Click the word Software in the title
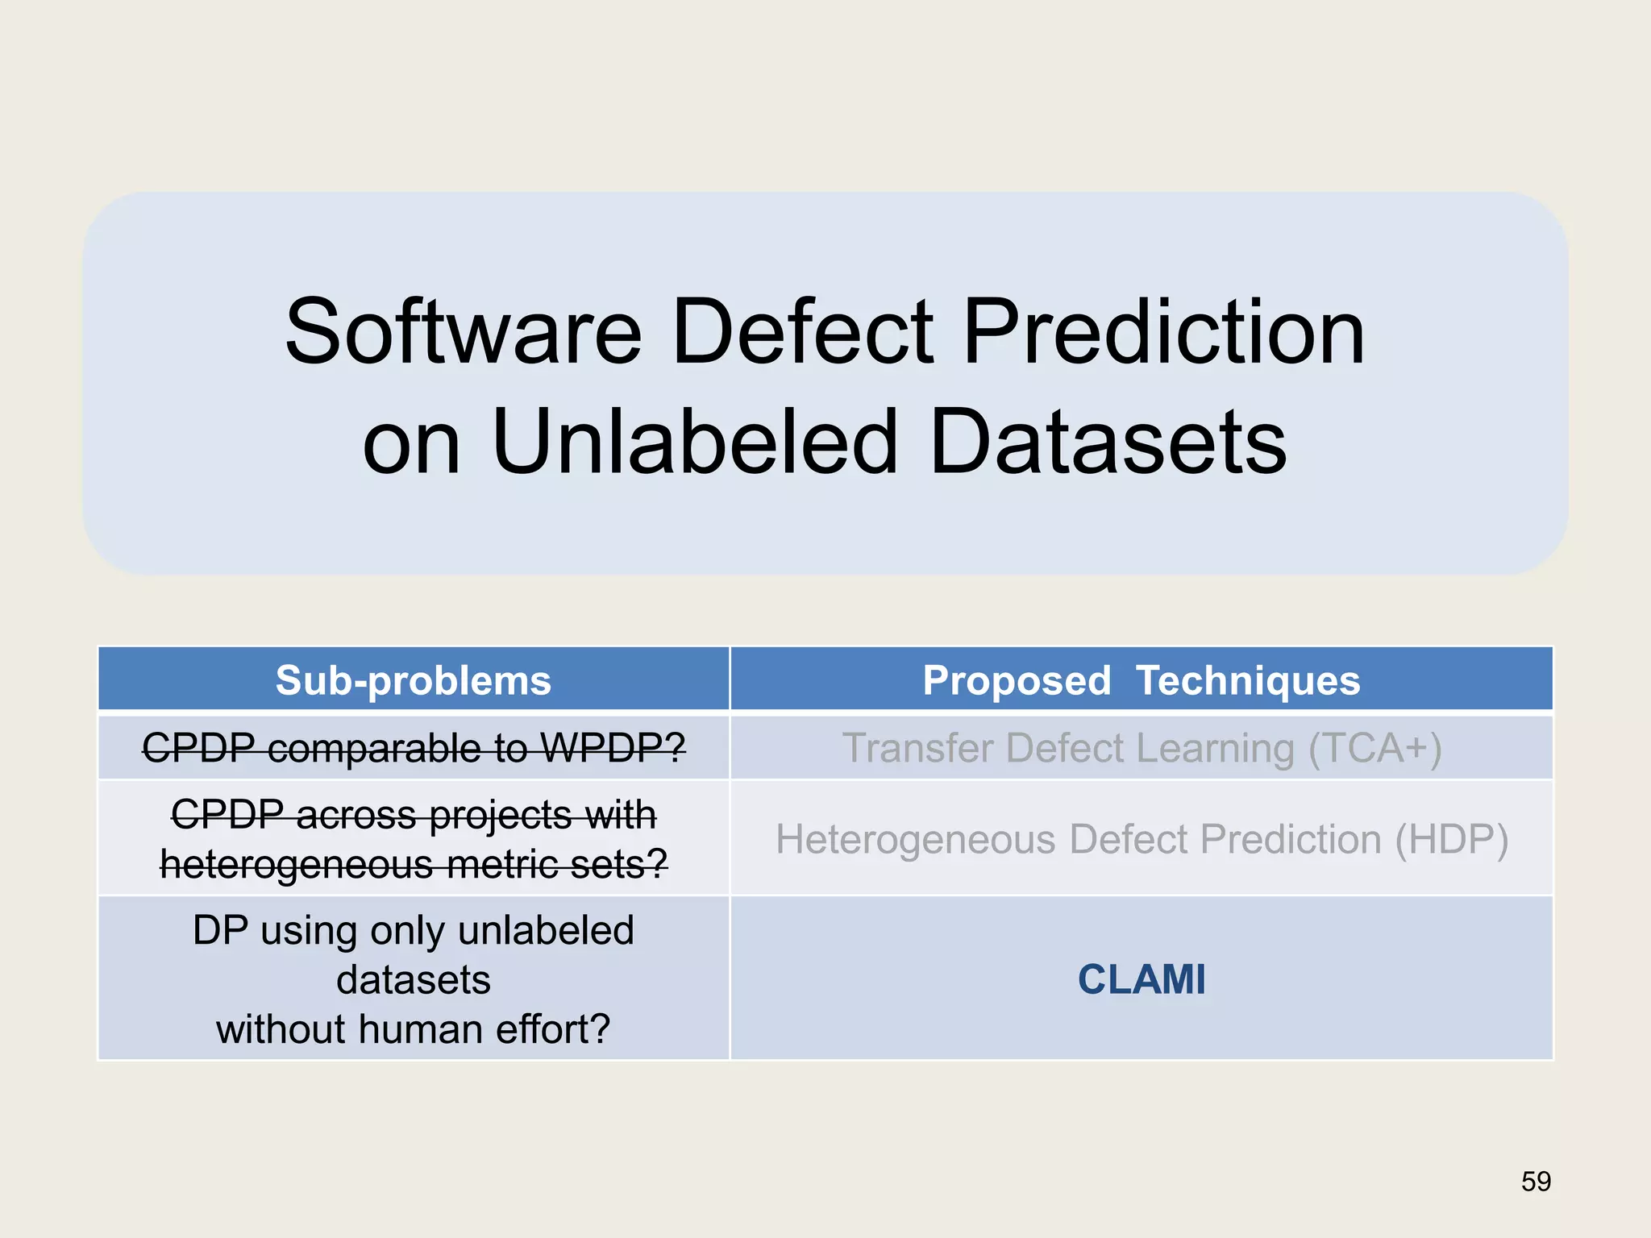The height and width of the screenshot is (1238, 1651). coord(464,332)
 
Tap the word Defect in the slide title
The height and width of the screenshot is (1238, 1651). coord(802,332)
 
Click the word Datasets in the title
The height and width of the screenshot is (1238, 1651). coord(1108,442)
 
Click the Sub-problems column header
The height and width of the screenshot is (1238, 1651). coord(413,680)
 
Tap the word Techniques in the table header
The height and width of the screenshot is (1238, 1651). coord(1247,680)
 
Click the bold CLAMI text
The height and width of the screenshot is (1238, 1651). coord(1142,979)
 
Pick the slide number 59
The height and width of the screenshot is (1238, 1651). coord(1536,1181)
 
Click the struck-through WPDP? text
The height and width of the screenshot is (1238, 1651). coord(613,747)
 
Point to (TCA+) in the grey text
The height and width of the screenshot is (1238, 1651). coord(1374,747)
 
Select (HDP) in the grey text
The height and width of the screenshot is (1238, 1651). coord(1451,839)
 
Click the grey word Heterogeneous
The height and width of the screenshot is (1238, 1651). coord(915,839)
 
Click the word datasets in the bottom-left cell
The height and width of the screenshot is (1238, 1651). coord(413,980)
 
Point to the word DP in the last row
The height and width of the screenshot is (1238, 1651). coord(219,930)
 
